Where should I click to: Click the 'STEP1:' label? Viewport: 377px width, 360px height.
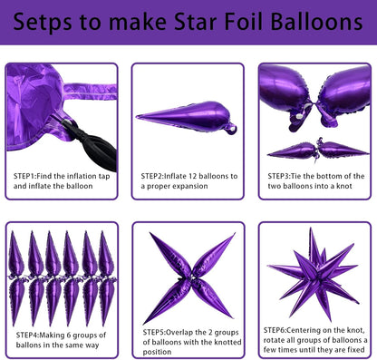pyautogui.click(x=27, y=175)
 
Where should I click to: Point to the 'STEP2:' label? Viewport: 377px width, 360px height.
pyautogui.click(x=155, y=175)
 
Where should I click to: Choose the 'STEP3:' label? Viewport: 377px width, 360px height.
pyautogui.click(x=282, y=175)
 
